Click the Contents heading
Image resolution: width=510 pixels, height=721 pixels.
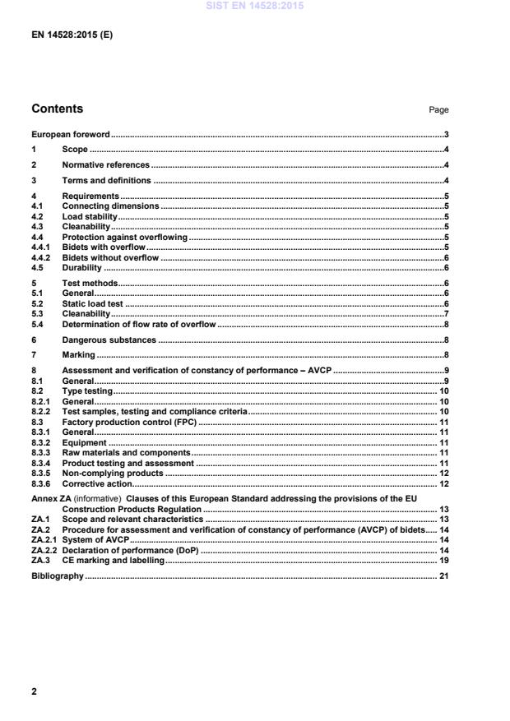(x=57, y=109)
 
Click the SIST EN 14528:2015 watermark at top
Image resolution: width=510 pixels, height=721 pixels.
(x=255, y=6)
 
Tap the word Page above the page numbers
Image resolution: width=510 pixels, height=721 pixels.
(x=438, y=109)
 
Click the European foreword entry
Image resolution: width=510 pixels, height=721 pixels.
(x=71, y=134)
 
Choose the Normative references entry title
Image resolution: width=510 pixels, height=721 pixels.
(x=106, y=165)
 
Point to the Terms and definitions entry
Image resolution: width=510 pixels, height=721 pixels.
(x=106, y=181)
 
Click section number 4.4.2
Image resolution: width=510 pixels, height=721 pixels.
(x=42, y=258)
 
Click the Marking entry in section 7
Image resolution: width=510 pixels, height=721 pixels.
(x=78, y=355)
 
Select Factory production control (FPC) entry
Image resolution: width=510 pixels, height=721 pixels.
(x=130, y=422)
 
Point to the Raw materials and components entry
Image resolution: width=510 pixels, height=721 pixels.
(x=126, y=452)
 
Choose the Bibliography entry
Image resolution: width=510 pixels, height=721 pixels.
(x=58, y=576)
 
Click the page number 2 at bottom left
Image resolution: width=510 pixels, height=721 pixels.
(x=34, y=692)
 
